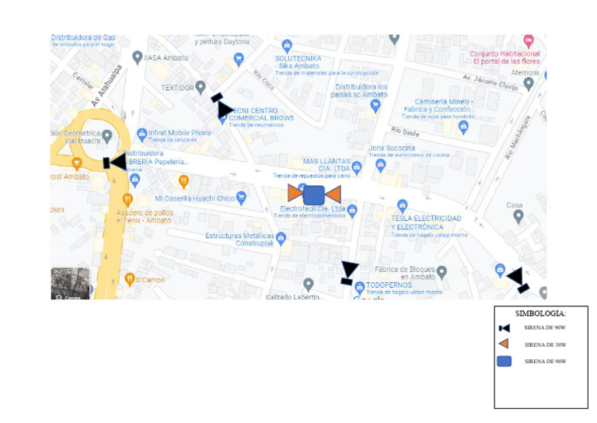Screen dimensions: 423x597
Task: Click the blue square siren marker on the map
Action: pyautogui.click(x=313, y=194)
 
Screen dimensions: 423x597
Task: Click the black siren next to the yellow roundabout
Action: pyautogui.click(x=114, y=162)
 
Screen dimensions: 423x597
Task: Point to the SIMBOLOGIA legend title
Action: pyautogui.click(x=541, y=313)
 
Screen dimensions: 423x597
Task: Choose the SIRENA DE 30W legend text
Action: pyautogui.click(x=545, y=344)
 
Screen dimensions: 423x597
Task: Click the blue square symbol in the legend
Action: pyautogui.click(x=504, y=361)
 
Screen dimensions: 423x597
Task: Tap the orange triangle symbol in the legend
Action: pyautogui.click(x=504, y=344)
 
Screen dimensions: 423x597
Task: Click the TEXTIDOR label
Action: pyautogui.click(x=176, y=88)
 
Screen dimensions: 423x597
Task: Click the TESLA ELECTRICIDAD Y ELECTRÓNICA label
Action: pyautogui.click(x=428, y=222)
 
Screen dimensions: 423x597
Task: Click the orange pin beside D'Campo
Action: pyautogui.click(x=129, y=278)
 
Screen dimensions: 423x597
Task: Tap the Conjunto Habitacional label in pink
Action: pyautogui.click(x=505, y=54)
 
